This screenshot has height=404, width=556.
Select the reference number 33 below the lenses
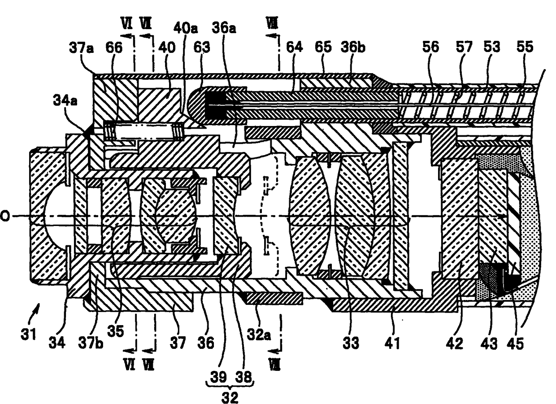tap(351, 343)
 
